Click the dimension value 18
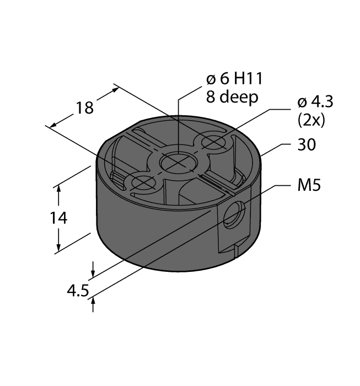point(84,108)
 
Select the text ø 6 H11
point(230,80)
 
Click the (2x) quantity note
point(311,120)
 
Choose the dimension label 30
point(307,145)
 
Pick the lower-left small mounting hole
point(142,183)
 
